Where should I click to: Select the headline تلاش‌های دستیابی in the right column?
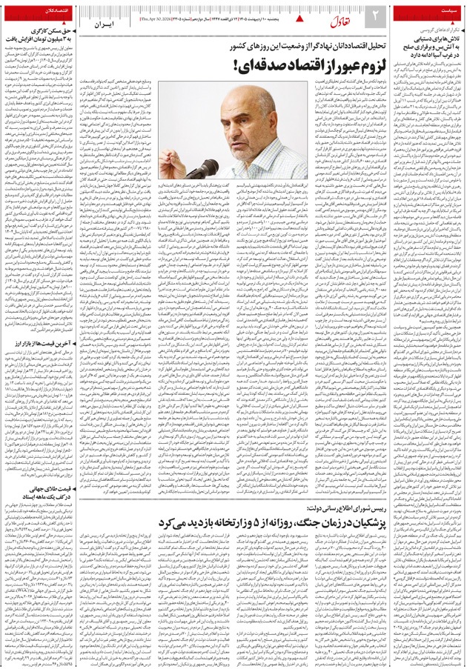[x=426, y=40]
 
